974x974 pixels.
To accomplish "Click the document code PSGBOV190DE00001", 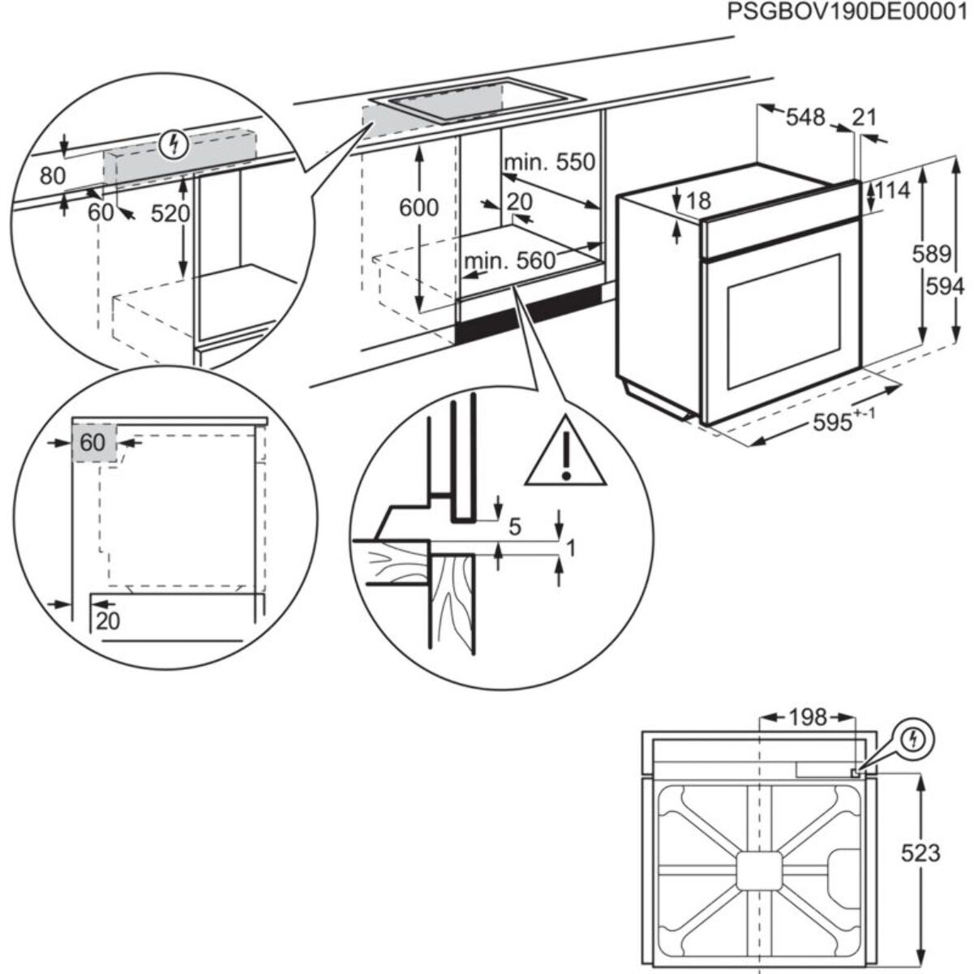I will (x=847, y=14).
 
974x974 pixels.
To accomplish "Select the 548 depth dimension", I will (x=805, y=118).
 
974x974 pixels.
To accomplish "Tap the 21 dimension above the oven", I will (x=865, y=118).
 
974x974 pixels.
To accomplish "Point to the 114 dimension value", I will (x=892, y=191).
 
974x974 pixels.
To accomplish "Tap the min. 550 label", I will (x=549, y=162).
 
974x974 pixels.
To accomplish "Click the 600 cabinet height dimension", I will (x=419, y=208).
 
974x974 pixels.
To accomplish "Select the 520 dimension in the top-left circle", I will (x=170, y=213).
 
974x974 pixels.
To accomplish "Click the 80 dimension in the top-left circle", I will (x=52, y=175).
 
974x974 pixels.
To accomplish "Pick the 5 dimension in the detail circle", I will (x=515, y=528).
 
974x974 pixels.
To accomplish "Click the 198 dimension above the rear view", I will (x=808, y=717).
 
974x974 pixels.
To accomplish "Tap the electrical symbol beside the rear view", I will (x=915, y=739).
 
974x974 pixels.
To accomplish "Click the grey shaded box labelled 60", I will (x=94, y=443).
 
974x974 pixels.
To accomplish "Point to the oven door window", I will (x=783, y=320).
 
